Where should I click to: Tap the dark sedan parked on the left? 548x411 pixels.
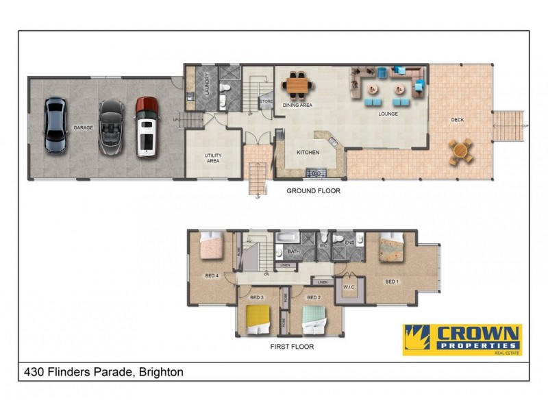[x=55, y=125]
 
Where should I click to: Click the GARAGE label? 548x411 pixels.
[x=84, y=127]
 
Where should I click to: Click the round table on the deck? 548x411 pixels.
[x=461, y=151]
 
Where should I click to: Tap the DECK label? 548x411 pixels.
[x=458, y=120]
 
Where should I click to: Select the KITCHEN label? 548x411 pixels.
[x=307, y=152]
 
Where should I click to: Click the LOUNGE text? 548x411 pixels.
[x=388, y=114]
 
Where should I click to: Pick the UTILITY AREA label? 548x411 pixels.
[x=212, y=158]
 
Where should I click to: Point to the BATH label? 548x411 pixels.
[x=294, y=252]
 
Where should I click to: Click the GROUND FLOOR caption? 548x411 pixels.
[x=313, y=191]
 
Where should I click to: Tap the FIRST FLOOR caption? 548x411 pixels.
[x=292, y=347]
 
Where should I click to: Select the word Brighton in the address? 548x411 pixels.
[x=161, y=373]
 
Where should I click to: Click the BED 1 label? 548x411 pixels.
[x=391, y=282]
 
